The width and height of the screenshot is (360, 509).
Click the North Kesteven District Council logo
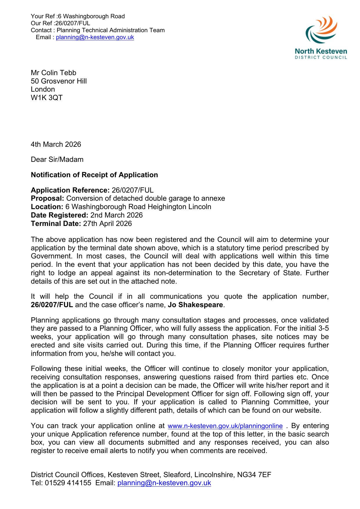tap(321, 38)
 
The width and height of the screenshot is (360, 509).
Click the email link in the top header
tap(95, 37)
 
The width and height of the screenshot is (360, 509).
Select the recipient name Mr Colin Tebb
tap(53, 73)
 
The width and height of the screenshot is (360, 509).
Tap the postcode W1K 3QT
tap(47, 98)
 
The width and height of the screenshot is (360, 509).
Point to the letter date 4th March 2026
tap(56, 144)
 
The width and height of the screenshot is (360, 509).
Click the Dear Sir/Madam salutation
tap(57, 160)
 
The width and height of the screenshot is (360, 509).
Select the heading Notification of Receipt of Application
tap(94, 175)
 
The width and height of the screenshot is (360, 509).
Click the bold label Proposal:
tap(47, 198)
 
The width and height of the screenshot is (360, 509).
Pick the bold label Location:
tap(47, 207)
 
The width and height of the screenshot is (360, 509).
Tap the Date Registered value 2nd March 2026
tap(116, 215)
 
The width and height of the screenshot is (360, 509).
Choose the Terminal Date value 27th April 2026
tap(107, 224)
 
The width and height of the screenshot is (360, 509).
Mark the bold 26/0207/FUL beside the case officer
tap(52, 305)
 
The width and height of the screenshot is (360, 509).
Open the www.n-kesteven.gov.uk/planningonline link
tap(225, 426)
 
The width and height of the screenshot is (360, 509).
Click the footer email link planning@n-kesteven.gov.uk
tap(164, 483)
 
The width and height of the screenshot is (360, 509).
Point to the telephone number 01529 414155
tap(68, 483)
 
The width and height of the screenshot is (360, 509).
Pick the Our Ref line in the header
tap(60, 23)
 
